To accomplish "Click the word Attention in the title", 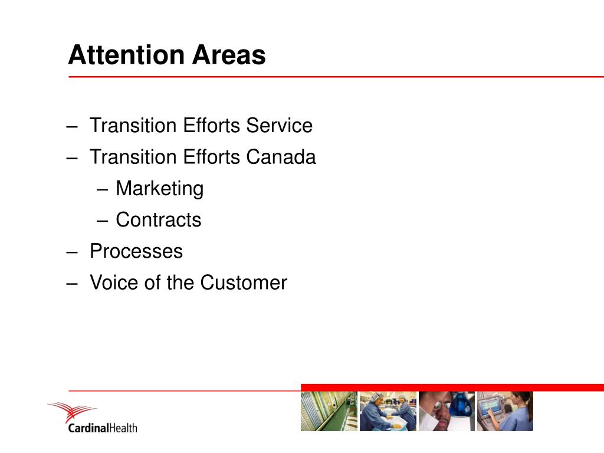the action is click(x=127, y=55).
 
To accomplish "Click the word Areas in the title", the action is click(x=229, y=55).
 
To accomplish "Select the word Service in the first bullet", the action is click(x=279, y=125).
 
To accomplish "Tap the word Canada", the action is click(x=281, y=157).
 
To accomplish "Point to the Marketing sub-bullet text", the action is click(x=159, y=189).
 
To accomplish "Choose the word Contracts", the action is click(x=158, y=220).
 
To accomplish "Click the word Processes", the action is click(x=136, y=251).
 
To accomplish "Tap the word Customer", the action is click(x=244, y=283).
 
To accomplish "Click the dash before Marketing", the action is click(x=102, y=189).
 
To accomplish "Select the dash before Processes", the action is click(x=72, y=252).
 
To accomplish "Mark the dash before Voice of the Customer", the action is click(x=72, y=284).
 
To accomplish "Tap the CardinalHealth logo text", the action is click(x=103, y=428).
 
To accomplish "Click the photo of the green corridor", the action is click(x=329, y=411).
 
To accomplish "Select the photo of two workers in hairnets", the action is click(x=388, y=411).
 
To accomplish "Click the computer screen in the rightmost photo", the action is click(x=490, y=406).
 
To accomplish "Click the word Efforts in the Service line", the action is click(x=212, y=125).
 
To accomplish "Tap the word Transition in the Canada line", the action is click(x=133, y=157).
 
